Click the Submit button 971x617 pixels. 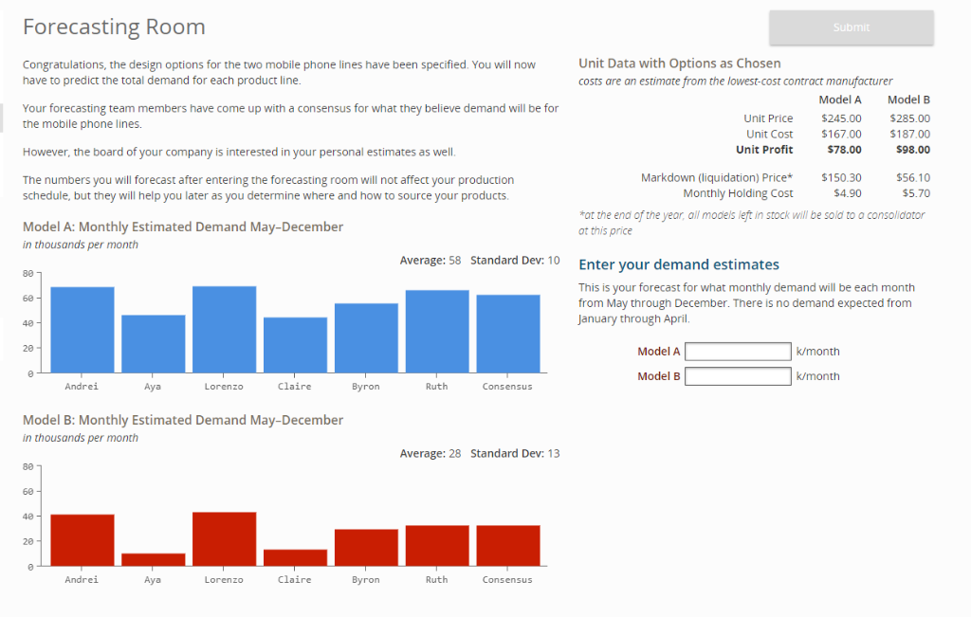tap(851, 27)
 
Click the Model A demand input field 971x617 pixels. tap(738, 352)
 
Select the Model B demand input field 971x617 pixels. tap(738, 376)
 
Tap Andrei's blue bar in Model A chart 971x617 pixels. tap(82, 329)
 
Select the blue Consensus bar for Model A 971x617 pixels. tap(507, 334)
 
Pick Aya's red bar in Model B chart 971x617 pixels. tap(153, 559)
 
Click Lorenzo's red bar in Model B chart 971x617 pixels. tap(224, 538)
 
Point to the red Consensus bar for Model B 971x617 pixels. tap(507, 545)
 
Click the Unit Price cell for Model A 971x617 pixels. tap(841, 118)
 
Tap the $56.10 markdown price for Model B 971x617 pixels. tap(912, 177)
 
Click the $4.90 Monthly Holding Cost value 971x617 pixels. tap(846, 193)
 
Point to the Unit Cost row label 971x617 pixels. tap(769, 135)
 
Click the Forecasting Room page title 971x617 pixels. tap(114, 27)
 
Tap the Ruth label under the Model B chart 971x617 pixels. tap(436, 580)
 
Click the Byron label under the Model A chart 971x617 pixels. tap(365, 387)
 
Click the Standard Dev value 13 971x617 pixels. tap(554, 453)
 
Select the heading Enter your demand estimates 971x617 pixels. tap(678, 264)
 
